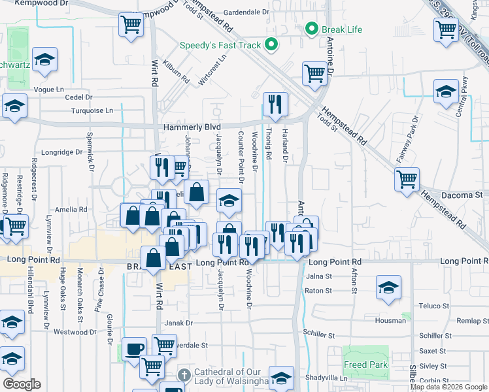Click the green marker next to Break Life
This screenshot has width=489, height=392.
click(x=312, y=29)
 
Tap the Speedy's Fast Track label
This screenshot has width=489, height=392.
click(x=221, y=46)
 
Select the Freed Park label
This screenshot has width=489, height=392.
click(x=365, y=365)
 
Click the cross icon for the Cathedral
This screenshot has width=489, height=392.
click(x=185, y=375)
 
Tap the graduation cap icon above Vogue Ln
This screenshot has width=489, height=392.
click(x=44, y=59)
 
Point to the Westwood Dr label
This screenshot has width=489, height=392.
click(x=71, y=332)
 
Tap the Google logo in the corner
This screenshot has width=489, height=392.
click(x=22, y=384)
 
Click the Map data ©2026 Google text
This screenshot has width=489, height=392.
click(x=448, y=387)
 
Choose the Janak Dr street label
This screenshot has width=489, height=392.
click(x=179, y=323)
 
